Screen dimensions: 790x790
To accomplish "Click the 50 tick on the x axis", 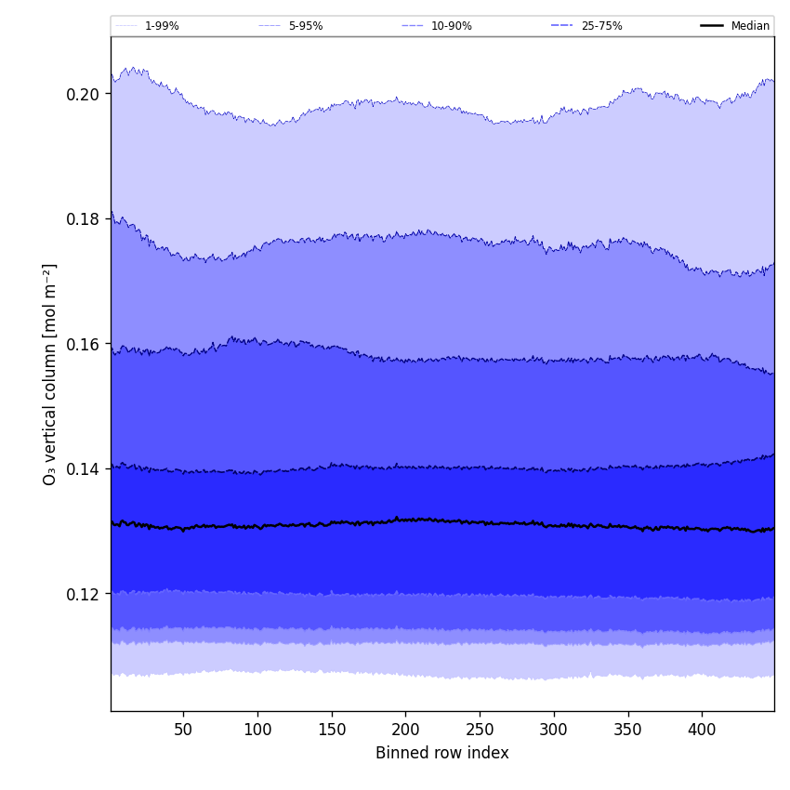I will coord(183,730).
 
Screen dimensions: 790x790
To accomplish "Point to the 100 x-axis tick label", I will coord(257,730).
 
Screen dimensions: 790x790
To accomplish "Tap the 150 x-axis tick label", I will coord(332,730).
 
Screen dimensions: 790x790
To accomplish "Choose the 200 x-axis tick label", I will coord(405,730).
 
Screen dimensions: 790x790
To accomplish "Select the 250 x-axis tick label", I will coord(480,730).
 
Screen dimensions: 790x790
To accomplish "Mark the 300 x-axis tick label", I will coord(554,730).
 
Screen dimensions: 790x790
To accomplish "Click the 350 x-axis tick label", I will coord(628,730).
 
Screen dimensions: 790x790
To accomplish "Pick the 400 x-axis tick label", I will coord(702,730).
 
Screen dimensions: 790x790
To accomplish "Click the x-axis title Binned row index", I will coord(442,753).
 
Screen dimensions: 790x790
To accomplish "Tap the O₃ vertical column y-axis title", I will coord(50,374).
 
